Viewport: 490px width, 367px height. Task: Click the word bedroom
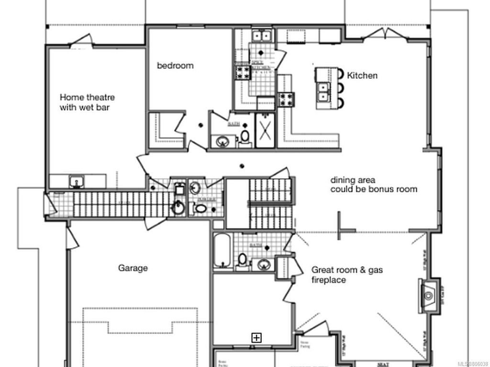(175, 65)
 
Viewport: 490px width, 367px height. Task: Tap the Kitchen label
(362, 76)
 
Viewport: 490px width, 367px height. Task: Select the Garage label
(133, 268)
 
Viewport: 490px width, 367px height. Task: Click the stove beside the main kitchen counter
(287, 99)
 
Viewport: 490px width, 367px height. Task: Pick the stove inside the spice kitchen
(242, 73)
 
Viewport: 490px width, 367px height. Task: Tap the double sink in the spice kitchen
(262, 36)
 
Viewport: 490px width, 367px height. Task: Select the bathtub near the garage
(222, 251)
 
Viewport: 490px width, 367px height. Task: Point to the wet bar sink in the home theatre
(76, 182)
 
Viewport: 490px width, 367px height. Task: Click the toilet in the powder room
(200, 208)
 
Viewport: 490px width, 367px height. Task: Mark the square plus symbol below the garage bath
(257, 338)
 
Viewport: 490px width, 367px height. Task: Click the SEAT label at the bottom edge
(382, 364)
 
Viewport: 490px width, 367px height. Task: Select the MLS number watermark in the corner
(469, 362)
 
